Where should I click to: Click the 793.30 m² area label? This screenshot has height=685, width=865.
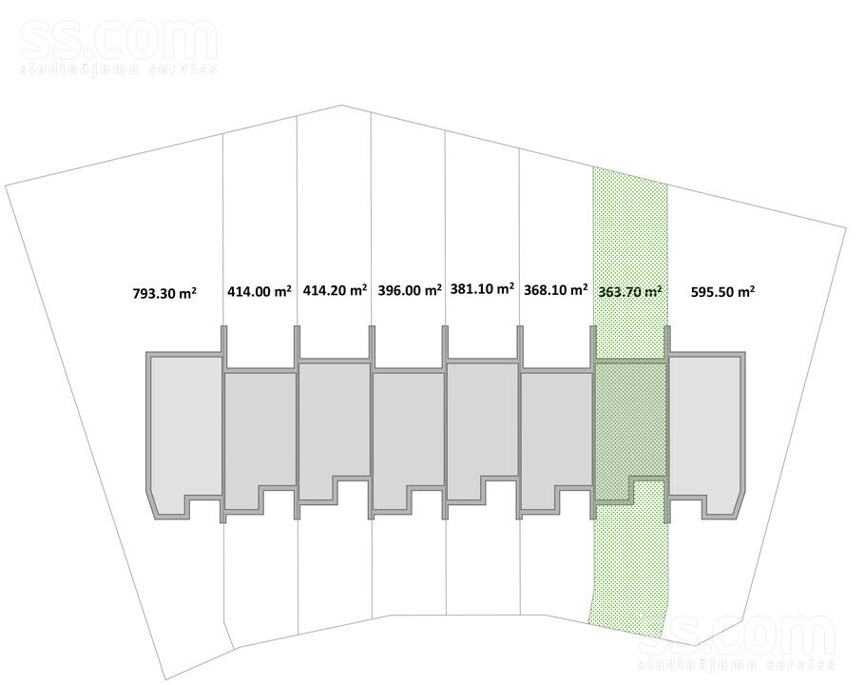point(164,292)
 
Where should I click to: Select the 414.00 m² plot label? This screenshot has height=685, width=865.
point(259,291)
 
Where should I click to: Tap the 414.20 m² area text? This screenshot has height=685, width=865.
point(335,290)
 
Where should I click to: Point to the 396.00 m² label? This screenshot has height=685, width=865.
point(410,290)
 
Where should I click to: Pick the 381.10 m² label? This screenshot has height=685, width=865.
point(483,288)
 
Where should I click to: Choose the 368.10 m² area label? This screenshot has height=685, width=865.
point(555,290)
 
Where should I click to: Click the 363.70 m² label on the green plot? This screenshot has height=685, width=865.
point(630,291)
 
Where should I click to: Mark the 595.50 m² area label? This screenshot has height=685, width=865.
point(722,291)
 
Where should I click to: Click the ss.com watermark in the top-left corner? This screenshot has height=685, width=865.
point(118,47)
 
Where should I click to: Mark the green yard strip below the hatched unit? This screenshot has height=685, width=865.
point(629,563)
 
